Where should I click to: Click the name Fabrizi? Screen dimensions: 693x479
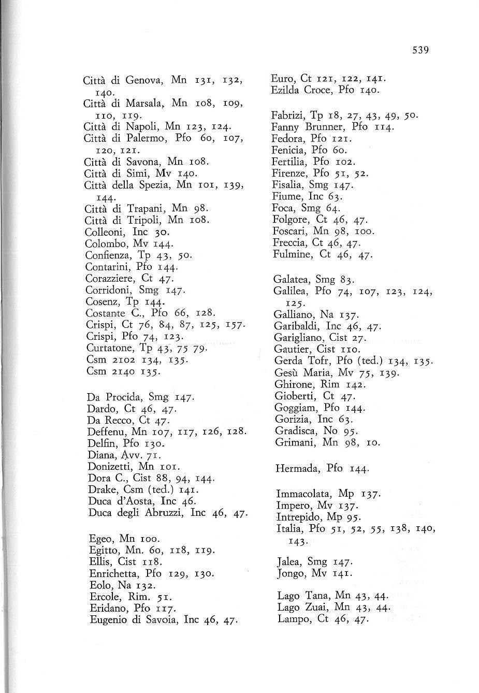[x=287, y=114]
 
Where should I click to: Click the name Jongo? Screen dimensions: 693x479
[x=290, y=574]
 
